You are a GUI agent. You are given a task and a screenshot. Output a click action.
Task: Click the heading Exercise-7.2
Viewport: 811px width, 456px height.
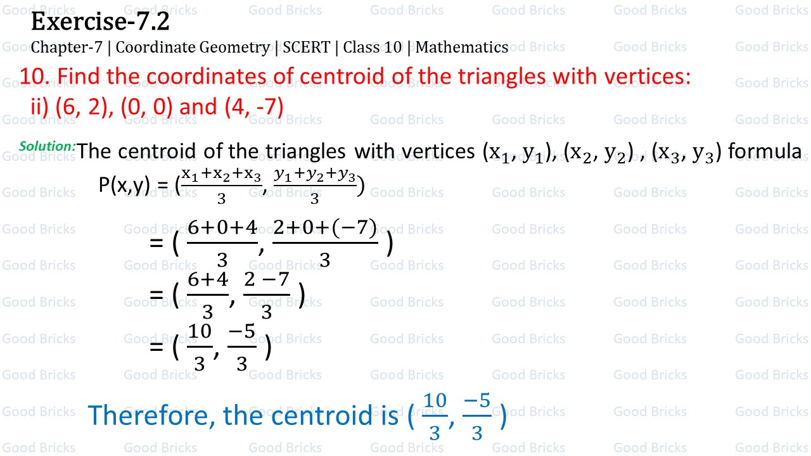100,22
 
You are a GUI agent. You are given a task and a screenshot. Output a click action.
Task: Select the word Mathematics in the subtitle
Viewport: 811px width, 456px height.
462,47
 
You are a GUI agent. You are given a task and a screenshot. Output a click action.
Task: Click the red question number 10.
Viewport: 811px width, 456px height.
34,77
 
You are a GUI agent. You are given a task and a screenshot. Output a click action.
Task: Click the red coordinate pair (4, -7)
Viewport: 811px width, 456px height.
253,106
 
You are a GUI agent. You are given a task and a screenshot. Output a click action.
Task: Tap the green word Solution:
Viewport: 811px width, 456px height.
48,146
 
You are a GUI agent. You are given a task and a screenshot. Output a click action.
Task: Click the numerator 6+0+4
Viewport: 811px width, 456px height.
222,229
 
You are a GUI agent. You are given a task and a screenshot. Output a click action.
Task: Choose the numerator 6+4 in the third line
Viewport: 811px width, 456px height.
208,281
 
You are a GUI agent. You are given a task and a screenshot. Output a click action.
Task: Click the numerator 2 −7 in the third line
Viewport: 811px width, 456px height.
267,281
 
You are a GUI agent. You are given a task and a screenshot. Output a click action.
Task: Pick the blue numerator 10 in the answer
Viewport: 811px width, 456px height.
435,401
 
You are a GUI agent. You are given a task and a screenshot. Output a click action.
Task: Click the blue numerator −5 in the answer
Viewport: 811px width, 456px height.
477,401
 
